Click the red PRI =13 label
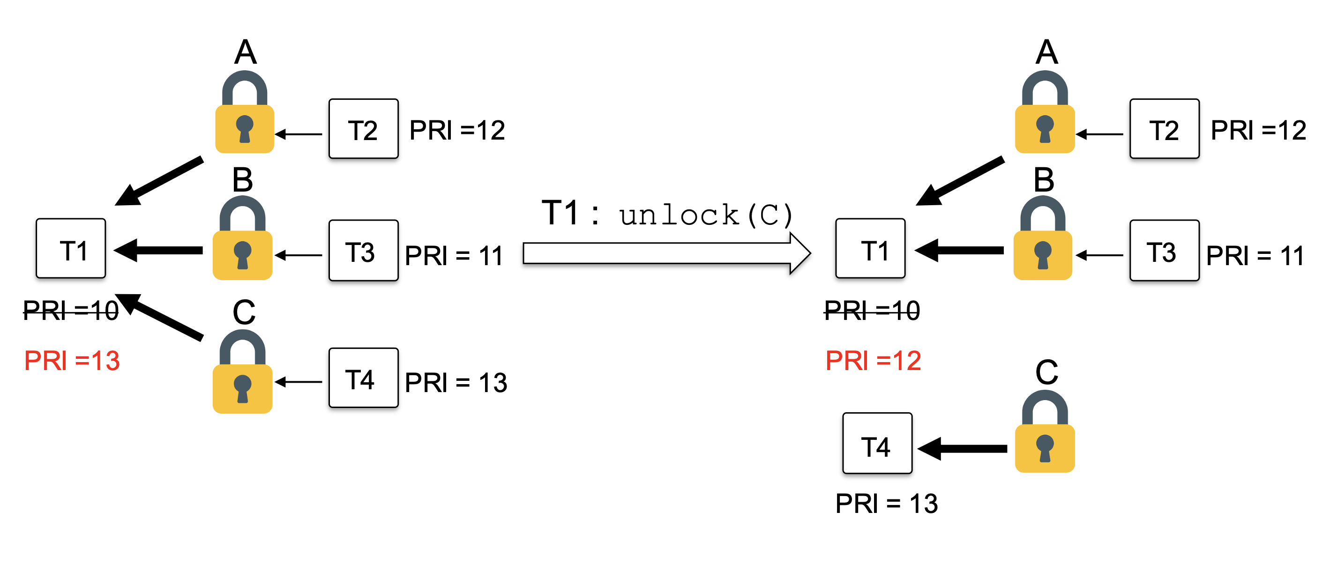(72, 360)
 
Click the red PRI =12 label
(873, 360)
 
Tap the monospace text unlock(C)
(705, 215)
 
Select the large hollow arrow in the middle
(666, 253)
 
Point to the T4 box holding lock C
(877, 443)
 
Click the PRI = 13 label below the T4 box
(887, 503)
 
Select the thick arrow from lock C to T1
(160, 317)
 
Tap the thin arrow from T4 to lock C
(299, 382)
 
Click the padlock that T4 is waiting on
(243, 372)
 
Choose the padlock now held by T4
(1045, 432)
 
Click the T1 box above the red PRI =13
(71, 249)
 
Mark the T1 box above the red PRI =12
(870, 249)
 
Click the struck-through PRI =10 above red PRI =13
(71, 310)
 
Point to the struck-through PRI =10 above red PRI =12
(872, 310)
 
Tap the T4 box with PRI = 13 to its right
(364, 378)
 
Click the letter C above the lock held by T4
(1046, 372)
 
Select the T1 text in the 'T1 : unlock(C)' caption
(560, 213)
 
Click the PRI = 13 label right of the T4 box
(456, 382)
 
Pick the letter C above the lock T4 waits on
(244, 312)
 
